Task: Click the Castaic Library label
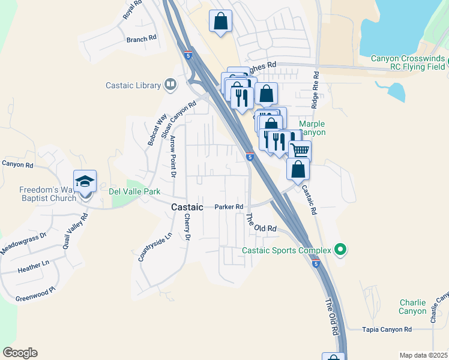pyautogui.click(x=133, y=85)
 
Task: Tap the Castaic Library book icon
pyautogui.click(x=171, y=85)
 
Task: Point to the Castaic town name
pyautogui.click(x=188, y=206)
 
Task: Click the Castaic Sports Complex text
pyautogui.click(x=287, y=250)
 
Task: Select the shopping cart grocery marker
pyautogui.click(x=300, y=149)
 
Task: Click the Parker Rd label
pyautogui.click(x=229, y=207)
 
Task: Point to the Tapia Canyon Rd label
pyautogui.click(x=388, y=329)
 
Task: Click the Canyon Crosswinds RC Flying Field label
pyautogui.click(x=408, y=62)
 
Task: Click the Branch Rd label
pyautogui.click(x=141, y=38)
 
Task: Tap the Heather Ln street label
pyautogui.click(x=34, y=265)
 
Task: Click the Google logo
pyautogui.click(x=20, y=353)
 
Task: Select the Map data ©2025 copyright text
pyautogui.click(x=423, y=355)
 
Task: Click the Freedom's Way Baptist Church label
pyautogui.click(x=38, y=193)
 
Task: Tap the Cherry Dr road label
pyautogui.click(x=187, y=229)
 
